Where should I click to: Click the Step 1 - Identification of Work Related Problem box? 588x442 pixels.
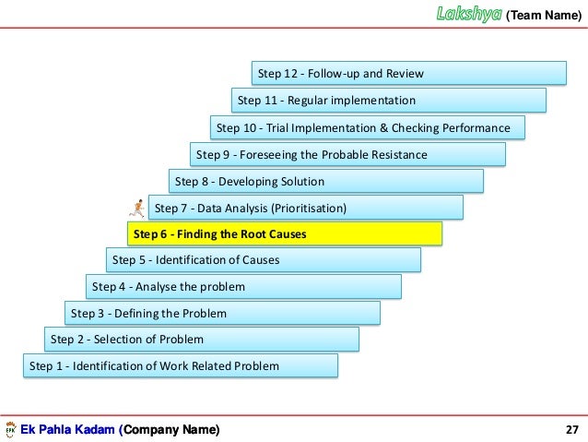coord(181,366)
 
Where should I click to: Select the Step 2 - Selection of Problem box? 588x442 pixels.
coord(201,340)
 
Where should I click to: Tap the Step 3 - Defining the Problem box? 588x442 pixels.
coord(221,314)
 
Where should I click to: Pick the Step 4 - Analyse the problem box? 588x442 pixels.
coord(242,287)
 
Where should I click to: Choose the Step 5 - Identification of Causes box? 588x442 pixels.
coord(264,260)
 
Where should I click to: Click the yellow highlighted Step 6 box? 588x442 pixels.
coord(284,234)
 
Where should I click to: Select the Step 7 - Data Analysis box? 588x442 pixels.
coord(304,208)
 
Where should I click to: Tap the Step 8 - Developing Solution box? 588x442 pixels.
coord(325,181)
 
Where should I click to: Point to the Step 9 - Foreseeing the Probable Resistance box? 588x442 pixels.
coord(347,154)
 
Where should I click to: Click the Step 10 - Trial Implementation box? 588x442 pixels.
coord(367,127)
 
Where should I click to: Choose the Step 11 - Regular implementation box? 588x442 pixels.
coord(388,100)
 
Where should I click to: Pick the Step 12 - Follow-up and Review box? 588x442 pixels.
coord(408,73)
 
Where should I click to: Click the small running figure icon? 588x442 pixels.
coord(136,207)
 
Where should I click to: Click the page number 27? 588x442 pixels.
coord(570,430)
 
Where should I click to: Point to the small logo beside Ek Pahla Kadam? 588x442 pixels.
coord(10,430)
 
